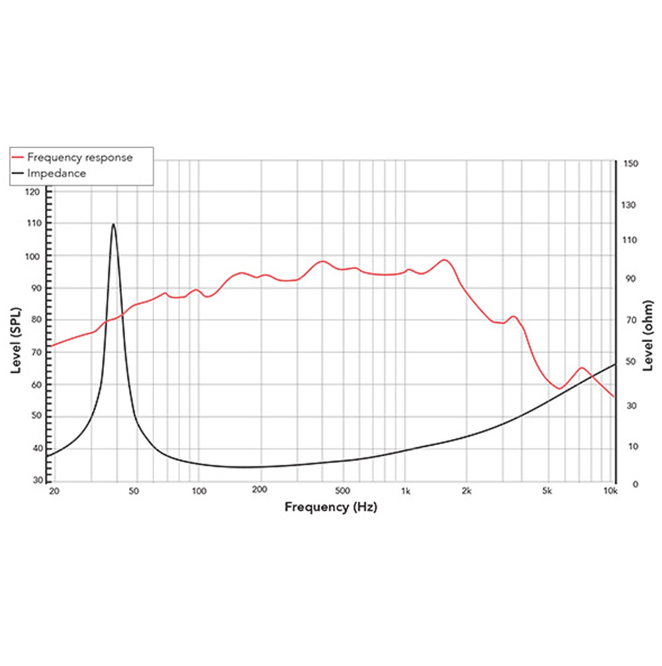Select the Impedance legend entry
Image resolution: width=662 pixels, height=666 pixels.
pos(56,173)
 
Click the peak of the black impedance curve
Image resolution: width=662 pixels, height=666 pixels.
pos(113,224)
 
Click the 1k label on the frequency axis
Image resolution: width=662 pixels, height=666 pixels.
pos(406,491)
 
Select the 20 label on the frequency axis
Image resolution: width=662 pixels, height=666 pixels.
pos(54,491)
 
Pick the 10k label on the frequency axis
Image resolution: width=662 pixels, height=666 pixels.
pos(610,491)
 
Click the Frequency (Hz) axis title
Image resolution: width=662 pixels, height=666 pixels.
pos(331,507)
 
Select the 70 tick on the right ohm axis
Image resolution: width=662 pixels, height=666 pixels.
pos(630,321)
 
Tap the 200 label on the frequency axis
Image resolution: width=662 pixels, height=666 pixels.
pos(260,491)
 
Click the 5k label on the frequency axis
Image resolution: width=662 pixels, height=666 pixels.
pos(547,491)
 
